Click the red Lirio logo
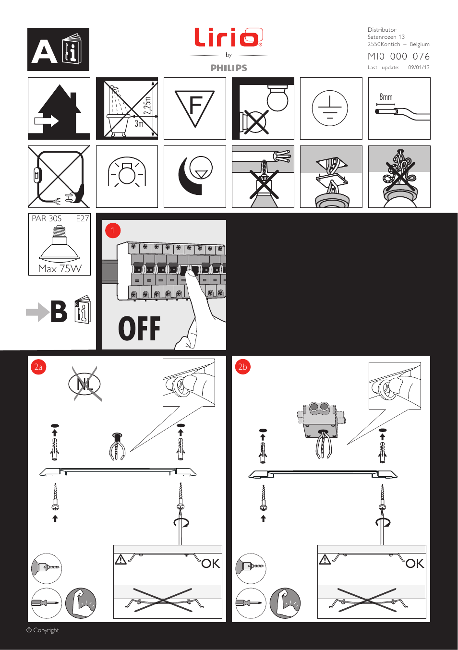(x=228, y=37)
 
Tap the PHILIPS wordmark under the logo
(x=229, y=68)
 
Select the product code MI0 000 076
(x=398, y=57)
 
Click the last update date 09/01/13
(x=419, y=68)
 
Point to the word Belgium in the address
(x=419, y=44)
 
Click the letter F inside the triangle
(x=195, y=106)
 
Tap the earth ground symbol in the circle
(x=330, y=108)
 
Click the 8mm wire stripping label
(x=386, y=97)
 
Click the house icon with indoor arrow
(x=59, y=109)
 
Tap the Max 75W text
(x=60, y=268)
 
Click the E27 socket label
(x=82, y=218)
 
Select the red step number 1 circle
(x=113, y=230)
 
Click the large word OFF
(x=139, y=329)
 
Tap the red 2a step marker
(x=38, y=367)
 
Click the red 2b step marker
(x=243, y=367)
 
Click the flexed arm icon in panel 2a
(x=81, y=603)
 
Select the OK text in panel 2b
(x=415, y=564)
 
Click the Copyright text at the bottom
(x=43, y=630)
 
